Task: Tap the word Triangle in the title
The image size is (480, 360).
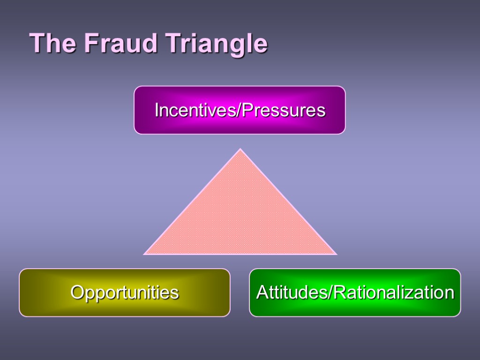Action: tap(215, 45)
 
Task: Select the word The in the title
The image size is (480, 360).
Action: tap(52, 44)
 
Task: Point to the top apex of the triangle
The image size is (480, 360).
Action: tap(240, 150)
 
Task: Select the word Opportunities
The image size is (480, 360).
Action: tap(124, 292)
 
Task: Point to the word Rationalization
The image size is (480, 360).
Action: tap(394, 292)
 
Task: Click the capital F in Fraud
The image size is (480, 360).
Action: tap(90, 44)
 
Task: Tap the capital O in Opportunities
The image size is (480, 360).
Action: tap(76, 292)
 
